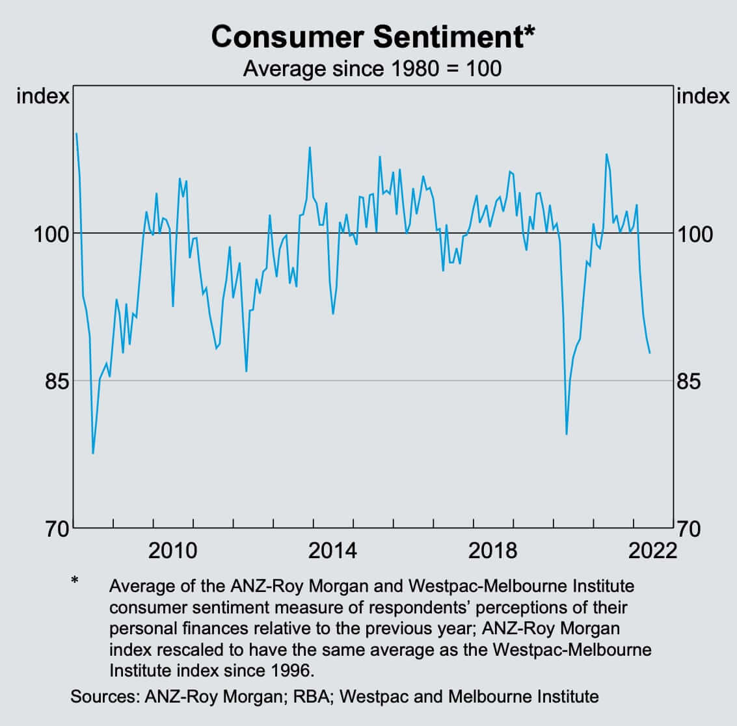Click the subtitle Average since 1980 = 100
click(x=372, y=68)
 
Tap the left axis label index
click(x=42, y=96)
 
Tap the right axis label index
click(x=703, y=96)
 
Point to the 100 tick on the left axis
click(x=51, y=234)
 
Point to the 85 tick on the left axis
click(x=56, y=381)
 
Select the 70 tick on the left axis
click(x=56, y=528)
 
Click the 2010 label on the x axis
click(x=172, y=551)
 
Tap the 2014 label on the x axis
click(x=332, y=551)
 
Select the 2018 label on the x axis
click(x=492, y=551)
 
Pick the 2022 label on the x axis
click(x=652, y=551)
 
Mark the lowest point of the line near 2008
click(x=93, y=453)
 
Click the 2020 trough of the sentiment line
click(x=567, y=434)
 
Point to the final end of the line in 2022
click(x=650, y=353)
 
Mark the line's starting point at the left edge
click(x=76, y=133)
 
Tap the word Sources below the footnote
click(x=103, y=697)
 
